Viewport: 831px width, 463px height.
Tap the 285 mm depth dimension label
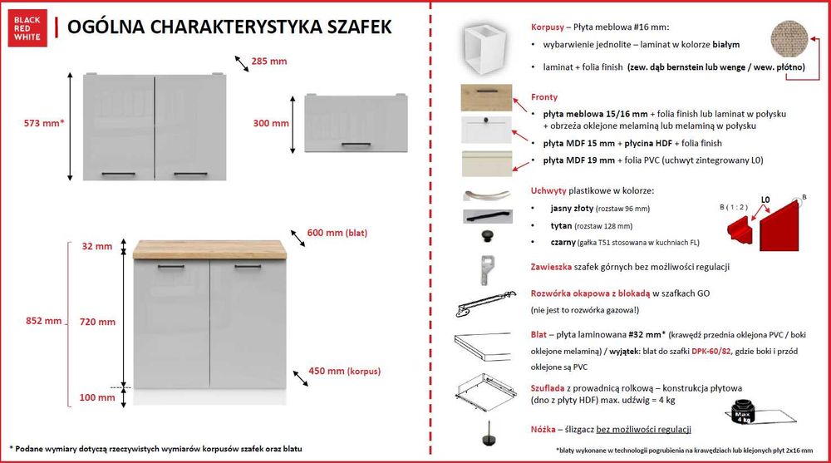[x=269, y=61]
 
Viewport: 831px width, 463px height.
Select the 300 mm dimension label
[x=271, y=123]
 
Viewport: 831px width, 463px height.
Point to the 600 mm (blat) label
[x=337, y=233]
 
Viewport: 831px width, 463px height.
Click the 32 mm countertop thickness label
[x=97, y=246]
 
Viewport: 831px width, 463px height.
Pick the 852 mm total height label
[x=42, y=321]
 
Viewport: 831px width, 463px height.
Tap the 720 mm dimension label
[x=98, y=321]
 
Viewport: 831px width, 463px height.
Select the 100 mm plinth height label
[x=98, y=397]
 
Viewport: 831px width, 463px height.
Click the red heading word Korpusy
[x=548, y=27]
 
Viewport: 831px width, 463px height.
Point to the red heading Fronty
[x=544, y=96]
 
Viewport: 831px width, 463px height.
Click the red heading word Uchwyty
[x=548, y=190]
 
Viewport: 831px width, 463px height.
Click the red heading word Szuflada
[x=549, y=388]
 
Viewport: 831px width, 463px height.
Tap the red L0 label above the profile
[x=767, y=200]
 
